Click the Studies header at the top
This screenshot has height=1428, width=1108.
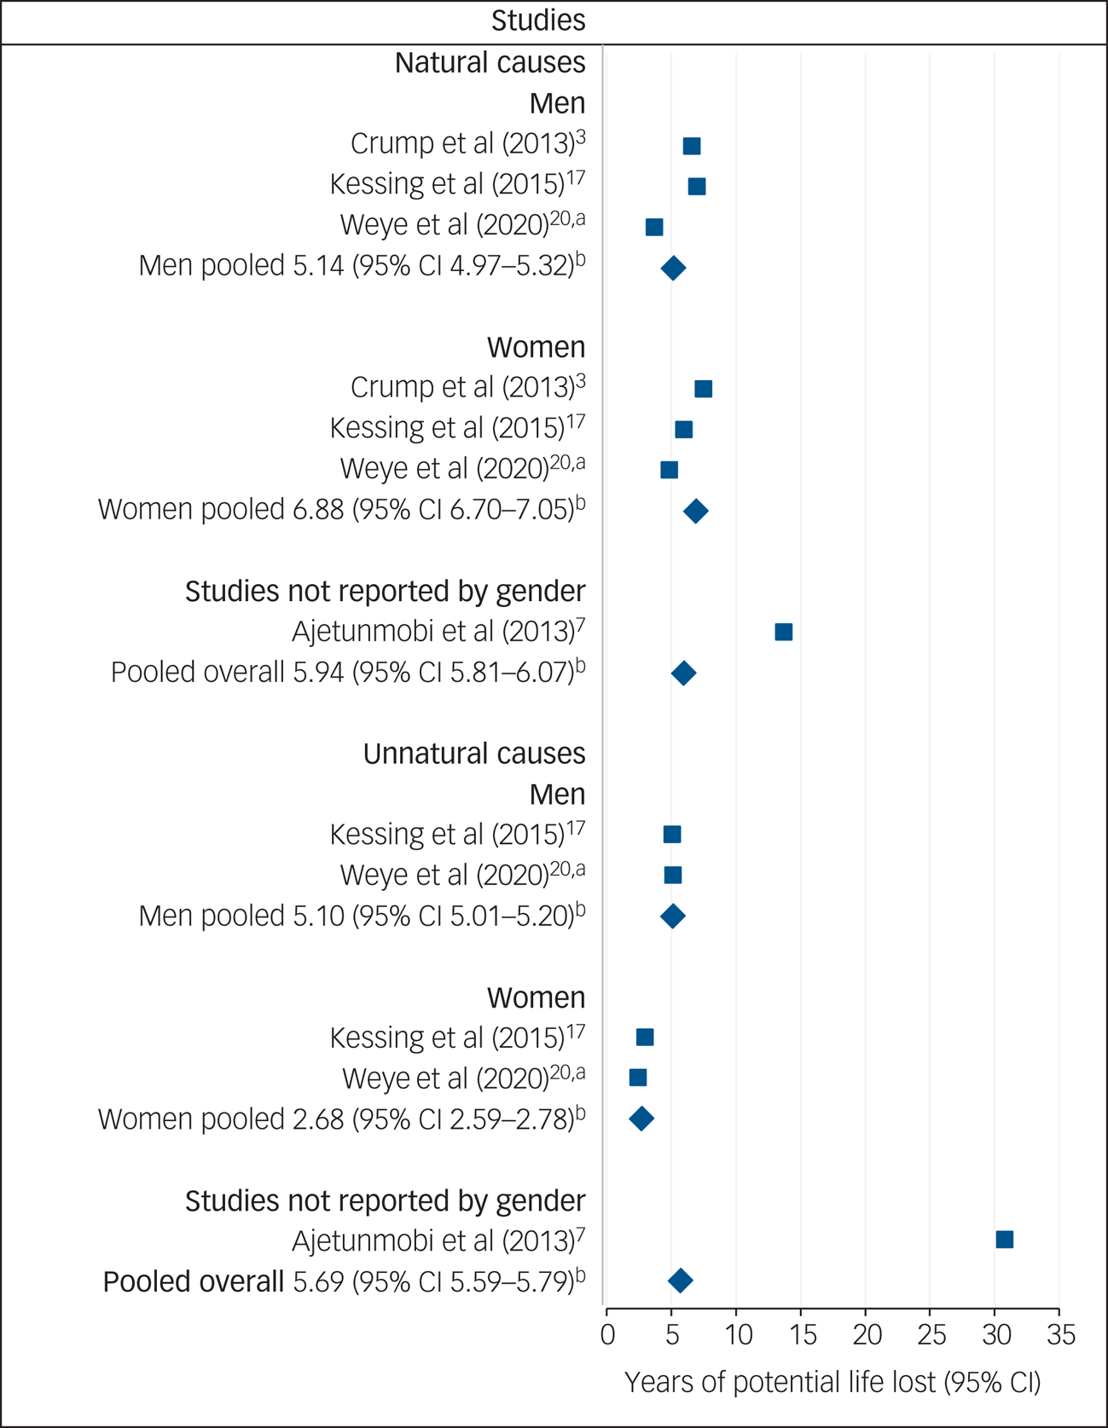[x=538, y=20]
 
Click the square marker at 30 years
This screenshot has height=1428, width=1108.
[x=1005, y=1240]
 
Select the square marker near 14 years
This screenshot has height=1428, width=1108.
[x=783, y=632]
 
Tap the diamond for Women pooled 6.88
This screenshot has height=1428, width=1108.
[x=696, y=512]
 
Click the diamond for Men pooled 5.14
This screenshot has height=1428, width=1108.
[x=673, y=269]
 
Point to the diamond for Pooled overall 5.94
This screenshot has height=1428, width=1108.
[x=683, y=674]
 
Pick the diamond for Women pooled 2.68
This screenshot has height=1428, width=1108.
[x=641, y=1119]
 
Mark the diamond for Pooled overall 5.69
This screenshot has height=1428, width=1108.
[x=680, y=1281]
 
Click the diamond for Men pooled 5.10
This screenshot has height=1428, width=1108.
[x=673, y=916]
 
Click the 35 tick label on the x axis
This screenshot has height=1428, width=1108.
[x=1061, y=1335]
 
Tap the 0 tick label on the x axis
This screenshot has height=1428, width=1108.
[x=607, y=1335]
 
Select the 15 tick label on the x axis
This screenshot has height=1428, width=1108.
[x=802, y=1335]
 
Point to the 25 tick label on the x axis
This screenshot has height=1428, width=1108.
[x=931, y=1335]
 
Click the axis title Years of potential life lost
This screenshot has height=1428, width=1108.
[x=832, y=1382]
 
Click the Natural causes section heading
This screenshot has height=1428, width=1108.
[x=490, y=63]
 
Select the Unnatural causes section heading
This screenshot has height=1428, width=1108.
[x=474, y=754]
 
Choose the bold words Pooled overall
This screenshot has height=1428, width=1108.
[x=194, y=1282]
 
